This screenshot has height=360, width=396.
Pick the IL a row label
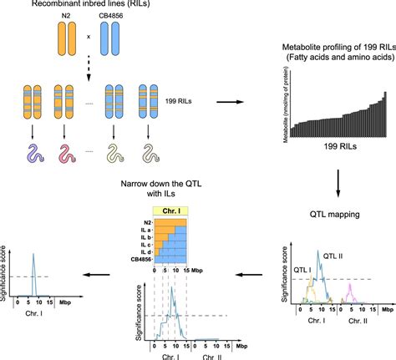coord(145,227)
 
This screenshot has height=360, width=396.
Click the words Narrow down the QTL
coord(170,185)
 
